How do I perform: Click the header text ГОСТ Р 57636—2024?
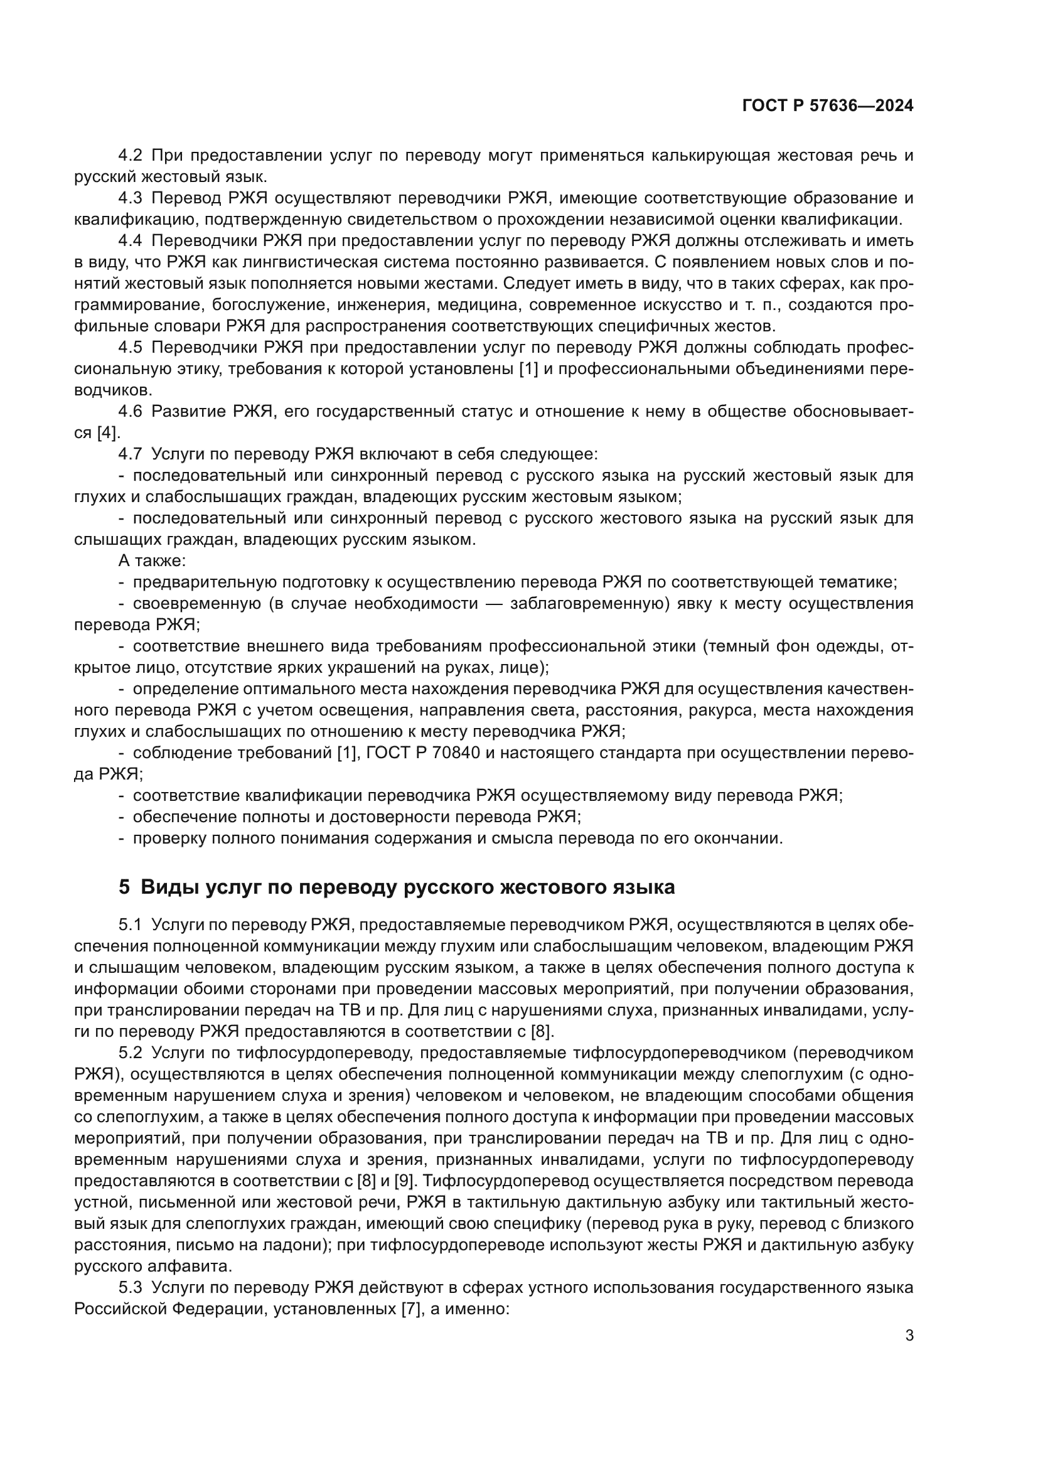tap(827, 106)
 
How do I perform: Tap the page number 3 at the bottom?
tap(909, 1336)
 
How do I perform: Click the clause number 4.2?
tap(131, 156)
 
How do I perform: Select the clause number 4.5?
tap(131, 347)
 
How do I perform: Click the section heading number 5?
tap(125, 887)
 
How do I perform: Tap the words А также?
tap(152, 560)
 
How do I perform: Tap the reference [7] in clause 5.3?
tap(410, 1308)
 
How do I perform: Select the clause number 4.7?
tap(131, 454)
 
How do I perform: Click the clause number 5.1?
tap(131, 924)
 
